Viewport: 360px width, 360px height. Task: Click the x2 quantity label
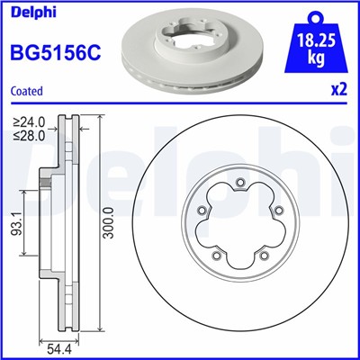[x=338, y=90]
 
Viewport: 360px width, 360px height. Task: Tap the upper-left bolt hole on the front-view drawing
[x=202, y=212]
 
